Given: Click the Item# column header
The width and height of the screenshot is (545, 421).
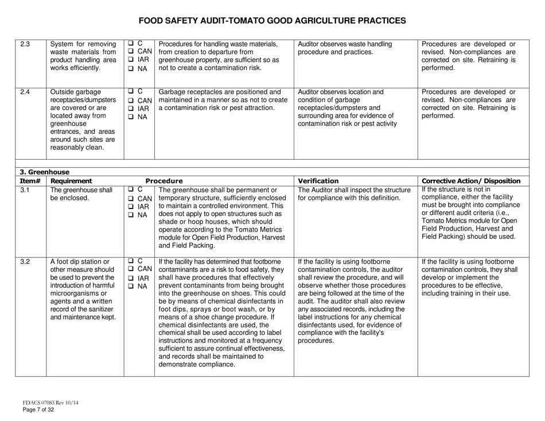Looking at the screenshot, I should point(28,180).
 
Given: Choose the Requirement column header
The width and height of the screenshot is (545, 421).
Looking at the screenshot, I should point(73,180).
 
